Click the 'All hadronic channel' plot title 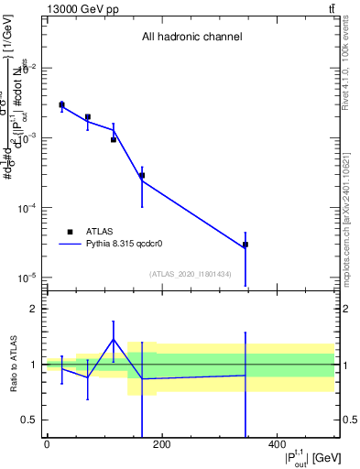191,37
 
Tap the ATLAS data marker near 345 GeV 245,245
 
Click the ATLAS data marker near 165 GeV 142,175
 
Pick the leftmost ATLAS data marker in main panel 61,104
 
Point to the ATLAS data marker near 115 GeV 114,139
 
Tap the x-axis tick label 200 161,445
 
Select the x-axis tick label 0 47,445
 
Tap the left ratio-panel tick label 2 35,309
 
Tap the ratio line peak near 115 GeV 114,339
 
